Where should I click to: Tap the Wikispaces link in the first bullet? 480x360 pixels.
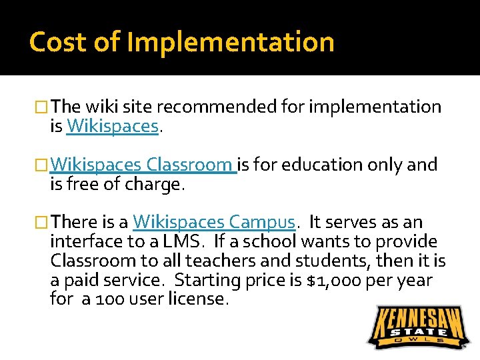(113, 126)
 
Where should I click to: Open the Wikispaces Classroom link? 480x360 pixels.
(144, 164)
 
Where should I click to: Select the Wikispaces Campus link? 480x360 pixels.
(213, 222)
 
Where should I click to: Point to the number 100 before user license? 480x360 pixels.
(107, 299)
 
